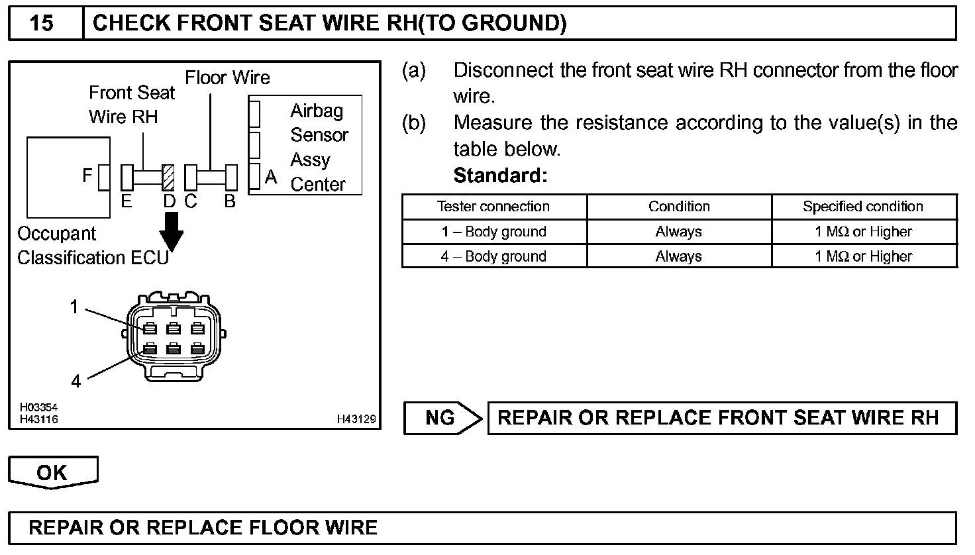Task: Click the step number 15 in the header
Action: click(42, 23)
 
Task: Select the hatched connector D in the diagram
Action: click(168, 177)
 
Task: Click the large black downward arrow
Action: click(171, 232)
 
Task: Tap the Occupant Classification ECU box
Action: click(68, 177)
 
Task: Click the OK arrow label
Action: click(52, 472)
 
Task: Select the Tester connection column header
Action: click(493, 207)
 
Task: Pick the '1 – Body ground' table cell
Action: click(493, 232)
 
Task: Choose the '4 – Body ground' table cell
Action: click(493, 256)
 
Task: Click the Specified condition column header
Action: click(862, 207)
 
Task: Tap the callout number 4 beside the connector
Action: click(76, 381)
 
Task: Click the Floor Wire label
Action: click(227, 78)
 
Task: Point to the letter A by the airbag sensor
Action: click(270, 177)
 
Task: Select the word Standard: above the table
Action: click(500, 176)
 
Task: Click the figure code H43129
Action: click(356, 419)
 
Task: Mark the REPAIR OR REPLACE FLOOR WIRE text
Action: click(203, 527)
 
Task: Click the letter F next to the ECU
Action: click(87, 176)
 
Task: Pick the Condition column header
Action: click(679, 207)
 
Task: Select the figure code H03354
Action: click(38, 408)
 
